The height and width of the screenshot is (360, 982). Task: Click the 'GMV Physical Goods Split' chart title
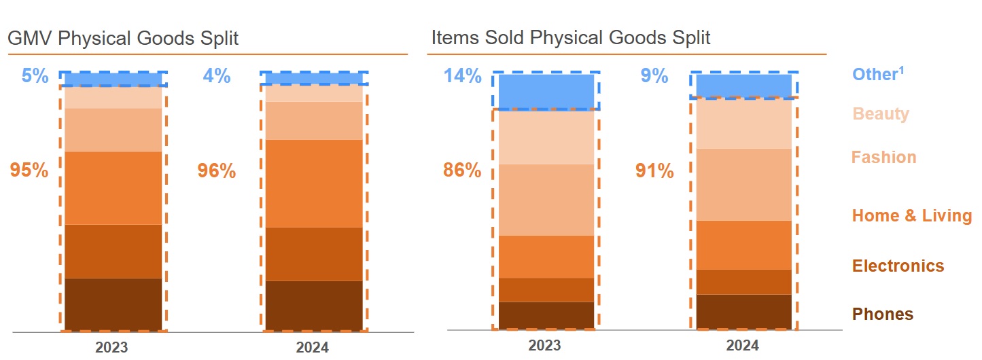click(123, 38)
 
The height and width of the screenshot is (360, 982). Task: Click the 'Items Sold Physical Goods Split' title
click(570, 37)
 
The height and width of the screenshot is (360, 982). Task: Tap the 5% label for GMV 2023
click(35, 76)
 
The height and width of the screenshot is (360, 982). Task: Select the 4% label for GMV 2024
click(217, 76)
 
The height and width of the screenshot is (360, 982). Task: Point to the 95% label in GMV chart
click(29, 170)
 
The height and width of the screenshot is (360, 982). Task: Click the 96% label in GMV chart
click(217, 171)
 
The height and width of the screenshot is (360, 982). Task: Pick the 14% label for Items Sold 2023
click(463, 76)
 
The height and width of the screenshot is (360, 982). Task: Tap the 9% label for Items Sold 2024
click(654, 76)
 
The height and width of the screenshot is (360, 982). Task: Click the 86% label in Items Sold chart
click(462, 170)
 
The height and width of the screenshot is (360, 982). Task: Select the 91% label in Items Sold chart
click(654, 171)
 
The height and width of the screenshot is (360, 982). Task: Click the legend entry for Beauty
click(881, 113)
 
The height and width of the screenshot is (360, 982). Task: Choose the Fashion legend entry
click(883, 157)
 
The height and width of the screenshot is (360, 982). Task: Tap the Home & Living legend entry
click(912, 216)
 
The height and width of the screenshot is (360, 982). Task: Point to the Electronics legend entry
click(898, 266)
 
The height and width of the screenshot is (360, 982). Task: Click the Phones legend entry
click(883, 314)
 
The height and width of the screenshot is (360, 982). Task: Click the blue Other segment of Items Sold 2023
click(546, 91)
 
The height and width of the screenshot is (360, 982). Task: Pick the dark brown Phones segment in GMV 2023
click(113, 304)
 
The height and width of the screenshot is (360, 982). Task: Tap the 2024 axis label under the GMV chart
click(312, 347)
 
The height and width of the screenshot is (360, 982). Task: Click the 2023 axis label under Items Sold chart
click(544, 345)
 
